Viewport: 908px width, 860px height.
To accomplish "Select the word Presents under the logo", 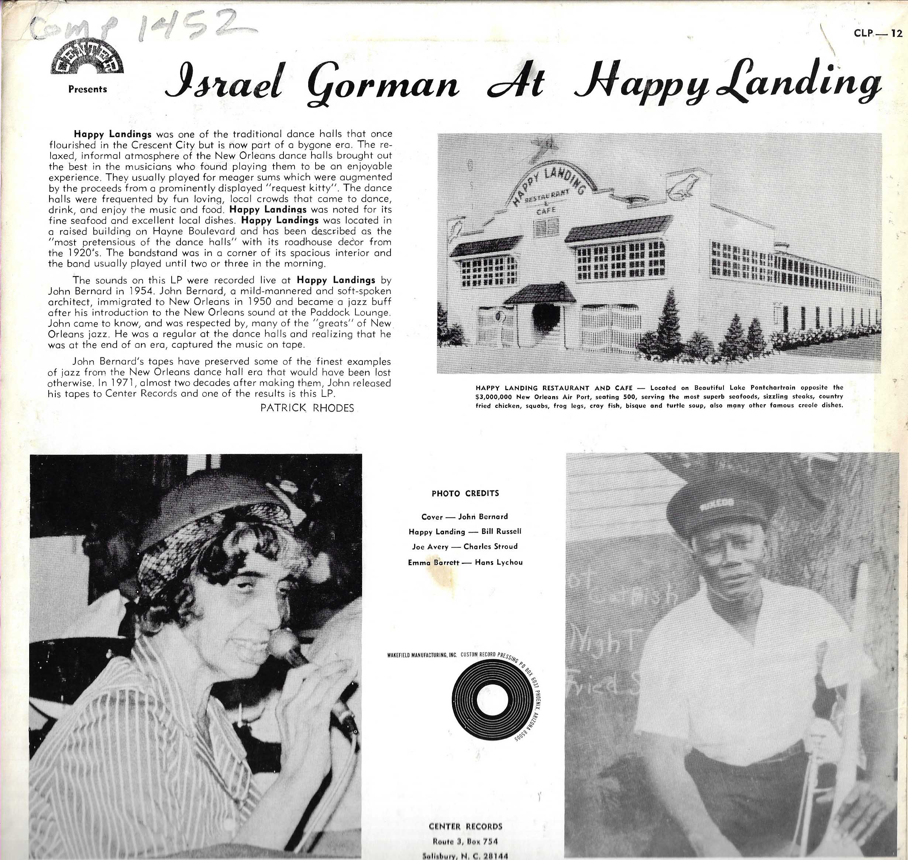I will point(87,89).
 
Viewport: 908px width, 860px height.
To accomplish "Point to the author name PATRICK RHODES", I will point(307,408).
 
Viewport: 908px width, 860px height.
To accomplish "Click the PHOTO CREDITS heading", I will point(465,493).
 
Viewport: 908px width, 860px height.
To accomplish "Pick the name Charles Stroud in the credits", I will point(490,547).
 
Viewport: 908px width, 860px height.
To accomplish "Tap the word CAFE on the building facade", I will point(546,211).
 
